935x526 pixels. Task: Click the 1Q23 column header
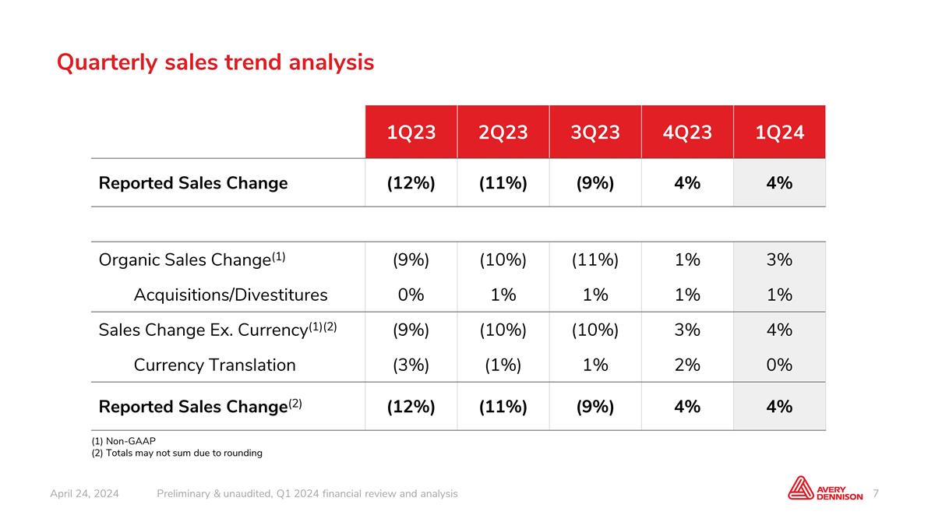[x=411, y=132]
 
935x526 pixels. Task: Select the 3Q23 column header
[x=595, y=132]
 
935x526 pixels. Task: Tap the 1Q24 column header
[x=779, y=132]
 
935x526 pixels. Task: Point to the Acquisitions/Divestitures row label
[x=231, y=295]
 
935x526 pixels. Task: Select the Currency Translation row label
[x=214, y=365]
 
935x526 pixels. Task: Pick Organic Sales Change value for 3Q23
[x=595, y=259]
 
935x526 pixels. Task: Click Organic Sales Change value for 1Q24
[x=779, y=259]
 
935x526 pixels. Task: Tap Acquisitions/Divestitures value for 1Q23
[x=411, y=295]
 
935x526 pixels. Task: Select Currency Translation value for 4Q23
[x=687, y=365]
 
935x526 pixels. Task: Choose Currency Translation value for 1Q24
[x=779, y=365]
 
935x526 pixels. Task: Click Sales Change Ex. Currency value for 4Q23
[x=687, y=330]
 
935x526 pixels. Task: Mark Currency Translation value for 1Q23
[x=411, y=365]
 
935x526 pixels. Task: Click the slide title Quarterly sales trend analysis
[x=215, y=62]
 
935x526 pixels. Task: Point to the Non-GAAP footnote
[x=124, y=441]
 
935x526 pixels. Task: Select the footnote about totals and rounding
[x=177, y=453]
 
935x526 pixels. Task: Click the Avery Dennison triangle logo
[x=801, y=488]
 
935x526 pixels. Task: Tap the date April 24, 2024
[x=84, y=494]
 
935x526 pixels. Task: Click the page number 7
[x=875, y=493]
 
